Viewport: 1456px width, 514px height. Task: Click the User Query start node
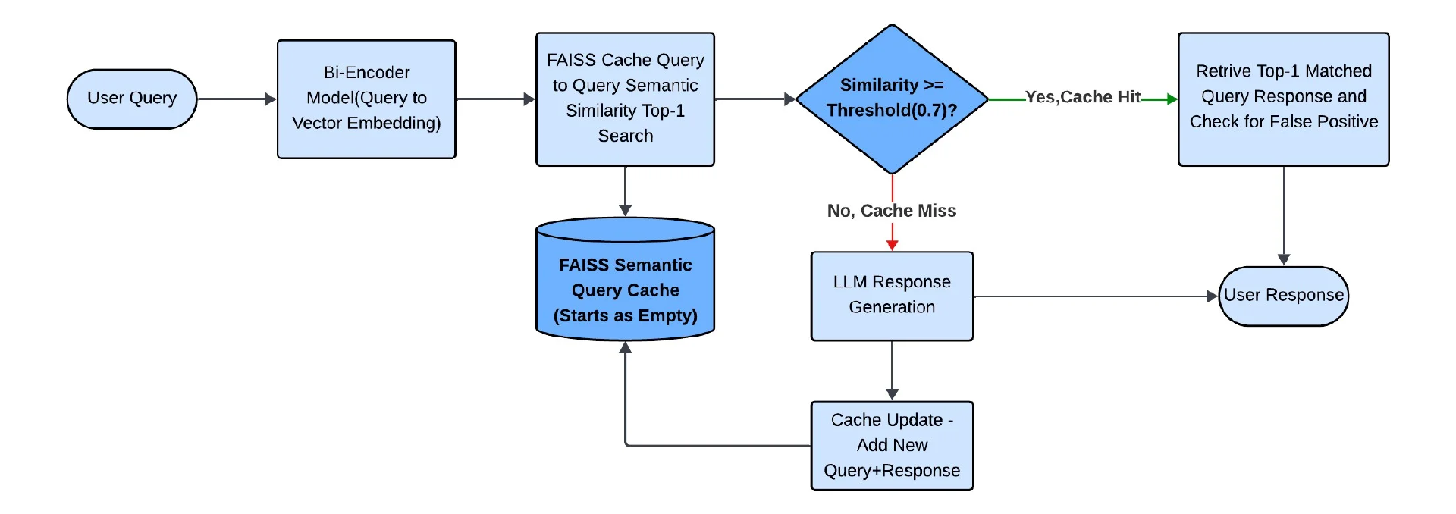pos(132,99)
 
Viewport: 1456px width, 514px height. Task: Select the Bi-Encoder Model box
pos(366,99)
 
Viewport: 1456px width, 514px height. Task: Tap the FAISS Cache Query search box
pos(625,99)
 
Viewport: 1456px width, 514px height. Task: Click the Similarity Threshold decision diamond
pos(892,99)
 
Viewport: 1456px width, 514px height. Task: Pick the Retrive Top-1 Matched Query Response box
pos(1283,99)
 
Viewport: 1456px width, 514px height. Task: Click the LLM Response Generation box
pos(892,296)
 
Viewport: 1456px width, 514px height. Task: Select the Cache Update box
pos(892,446)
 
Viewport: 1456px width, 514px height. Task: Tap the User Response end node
pos(1283,296)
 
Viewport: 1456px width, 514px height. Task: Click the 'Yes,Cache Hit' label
pos(1083,97)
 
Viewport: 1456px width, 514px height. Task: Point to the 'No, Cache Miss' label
pos(892,211)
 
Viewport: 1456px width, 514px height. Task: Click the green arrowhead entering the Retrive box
pos(1172,99)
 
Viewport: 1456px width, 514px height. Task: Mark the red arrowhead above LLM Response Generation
pos(892,244)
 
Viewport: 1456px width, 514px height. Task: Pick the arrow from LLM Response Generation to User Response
pos(1092,296)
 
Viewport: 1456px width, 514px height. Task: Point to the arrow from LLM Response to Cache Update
pos(892,370)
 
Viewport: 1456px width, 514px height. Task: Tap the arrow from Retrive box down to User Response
pos(1284,215)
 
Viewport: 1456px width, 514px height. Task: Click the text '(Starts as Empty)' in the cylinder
pos(625,315)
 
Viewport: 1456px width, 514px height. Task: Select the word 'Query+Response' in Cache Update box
pos(892,471)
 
